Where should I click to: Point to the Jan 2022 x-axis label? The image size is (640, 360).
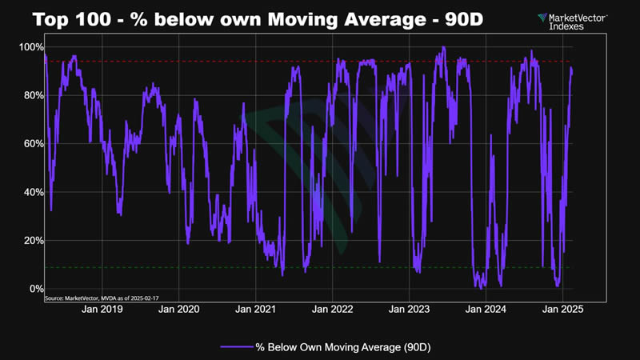pyautogui.click(x=332, y=308)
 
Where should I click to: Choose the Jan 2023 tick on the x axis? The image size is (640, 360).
pyautogui.click(x=409, y=308)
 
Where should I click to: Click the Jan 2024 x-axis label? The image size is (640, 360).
pyautogui.click(x=486, y=308)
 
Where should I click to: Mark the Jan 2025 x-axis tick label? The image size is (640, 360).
pyautogui.click(x=563, y=308)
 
